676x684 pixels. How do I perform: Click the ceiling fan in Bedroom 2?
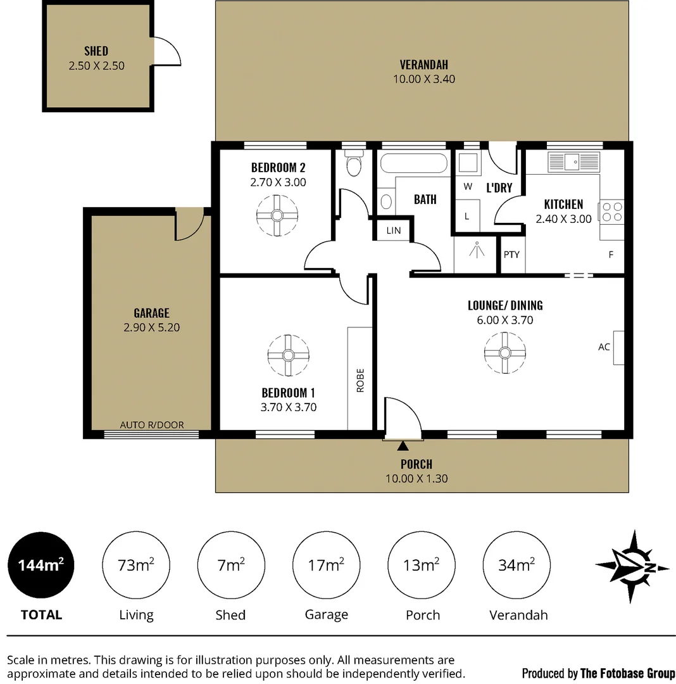coord(277,215)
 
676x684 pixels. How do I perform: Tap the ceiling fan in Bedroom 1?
coord(288,355)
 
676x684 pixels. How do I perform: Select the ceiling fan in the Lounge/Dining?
coord(504,352)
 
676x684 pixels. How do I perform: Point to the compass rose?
coord(632,566)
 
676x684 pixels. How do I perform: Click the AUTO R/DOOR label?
coord(152,425)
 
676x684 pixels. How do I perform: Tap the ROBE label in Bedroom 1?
coord(360,380)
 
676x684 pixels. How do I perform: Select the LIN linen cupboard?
coord(394,231)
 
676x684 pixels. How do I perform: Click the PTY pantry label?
coord(511,255)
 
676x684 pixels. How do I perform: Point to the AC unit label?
coord(604,347)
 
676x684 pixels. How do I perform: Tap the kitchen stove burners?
coord(612,212)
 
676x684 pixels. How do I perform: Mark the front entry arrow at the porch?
coord(403,448)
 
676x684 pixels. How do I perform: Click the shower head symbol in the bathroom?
coord(476,251)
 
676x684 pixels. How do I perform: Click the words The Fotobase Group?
coord(627,673)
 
